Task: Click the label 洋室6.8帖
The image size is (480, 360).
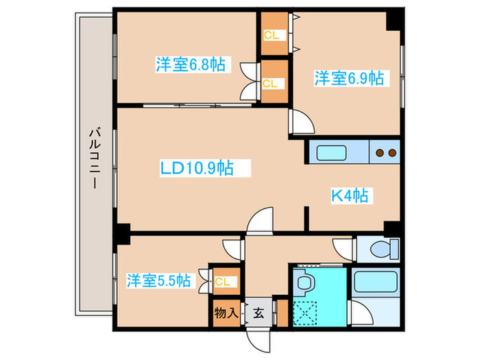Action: point(191,65)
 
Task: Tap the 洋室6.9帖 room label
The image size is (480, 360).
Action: point(348,78)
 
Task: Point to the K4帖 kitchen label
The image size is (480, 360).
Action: point(350,195)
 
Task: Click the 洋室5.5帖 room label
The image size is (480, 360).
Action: point(158,280)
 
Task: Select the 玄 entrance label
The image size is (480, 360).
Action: point(259,313)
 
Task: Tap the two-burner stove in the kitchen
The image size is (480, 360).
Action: point(385,153)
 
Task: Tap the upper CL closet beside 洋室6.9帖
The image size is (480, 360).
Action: point(273,34)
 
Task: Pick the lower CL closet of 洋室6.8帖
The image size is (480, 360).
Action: point(273,83)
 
